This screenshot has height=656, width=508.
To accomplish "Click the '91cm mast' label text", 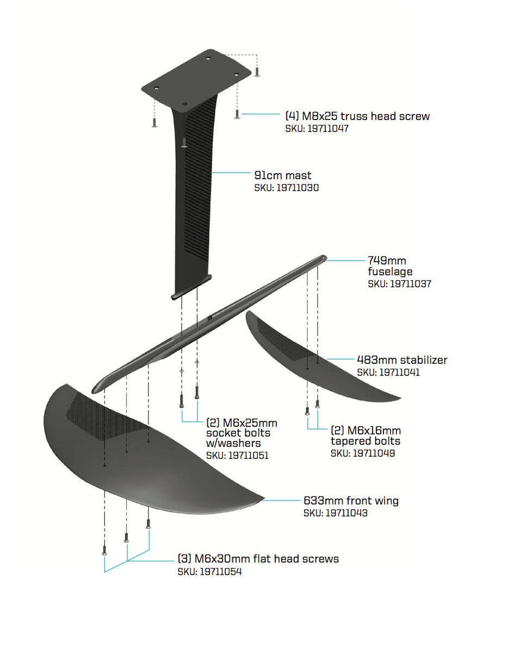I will click(x=283, y=175).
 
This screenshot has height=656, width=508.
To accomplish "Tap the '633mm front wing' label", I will click(x=351, y=500).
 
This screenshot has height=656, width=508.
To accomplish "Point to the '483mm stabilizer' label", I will click(x=402, y=359).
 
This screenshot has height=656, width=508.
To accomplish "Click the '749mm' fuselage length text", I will click(x=387, y=261).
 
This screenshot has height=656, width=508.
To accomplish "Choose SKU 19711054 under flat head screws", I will click(x=209, y=572).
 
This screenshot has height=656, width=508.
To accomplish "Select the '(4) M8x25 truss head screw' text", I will click(x=357, y=116).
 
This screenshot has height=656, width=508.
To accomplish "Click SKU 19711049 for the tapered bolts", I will click(x=363, y=453).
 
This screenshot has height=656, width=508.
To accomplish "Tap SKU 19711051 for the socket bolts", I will click(x=237, y=456).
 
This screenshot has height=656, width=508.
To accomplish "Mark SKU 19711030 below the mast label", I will click(x=286, y=188).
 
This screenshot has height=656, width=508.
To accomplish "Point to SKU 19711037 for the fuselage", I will click(x=399, y=283).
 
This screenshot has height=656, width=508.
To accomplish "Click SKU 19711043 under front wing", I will click(x=335, y=513).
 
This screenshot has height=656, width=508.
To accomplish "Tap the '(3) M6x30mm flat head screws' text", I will click(x=258, y=559).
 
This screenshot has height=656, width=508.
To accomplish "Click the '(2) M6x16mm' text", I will click(x=365, y=431).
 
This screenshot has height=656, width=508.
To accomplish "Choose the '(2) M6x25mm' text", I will click(x=241, y=423).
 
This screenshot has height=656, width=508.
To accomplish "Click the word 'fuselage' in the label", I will click(x=390, y=272).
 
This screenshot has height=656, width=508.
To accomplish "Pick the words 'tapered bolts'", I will click(x=365, y=441).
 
